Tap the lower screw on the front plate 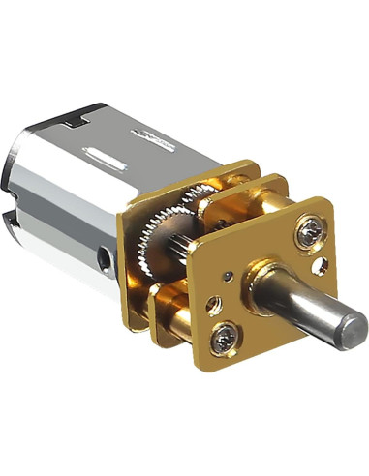(x=224, y=338)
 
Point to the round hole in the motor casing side (x=103, y=259)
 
